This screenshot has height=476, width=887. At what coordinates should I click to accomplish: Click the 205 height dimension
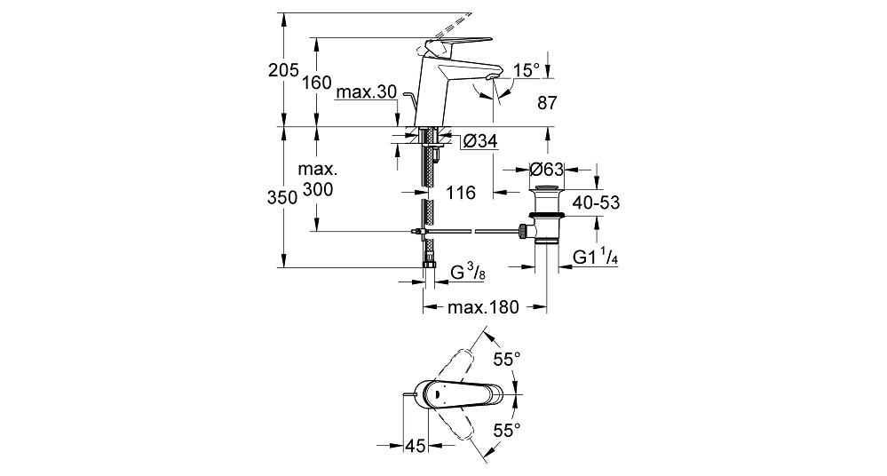(x=283, y=71)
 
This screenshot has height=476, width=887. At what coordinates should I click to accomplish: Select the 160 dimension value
(x=317, y=83)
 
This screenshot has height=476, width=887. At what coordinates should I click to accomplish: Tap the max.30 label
(x=366, y=91)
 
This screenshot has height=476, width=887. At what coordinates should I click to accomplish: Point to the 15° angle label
(x=527, y=71)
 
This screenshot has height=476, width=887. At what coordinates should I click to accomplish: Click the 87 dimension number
(x=547, y=103)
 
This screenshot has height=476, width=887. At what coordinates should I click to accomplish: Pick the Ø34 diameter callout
(x=480, y=141)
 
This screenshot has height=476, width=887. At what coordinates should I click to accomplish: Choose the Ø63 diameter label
(x=546, y=169)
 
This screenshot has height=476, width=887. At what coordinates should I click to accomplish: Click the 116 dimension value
(x=461, y=193)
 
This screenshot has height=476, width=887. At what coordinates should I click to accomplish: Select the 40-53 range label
(x=596, y=202)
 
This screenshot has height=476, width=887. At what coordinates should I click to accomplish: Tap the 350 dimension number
(x=282, y=197)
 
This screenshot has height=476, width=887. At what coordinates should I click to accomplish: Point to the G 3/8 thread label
(x=468, y=273)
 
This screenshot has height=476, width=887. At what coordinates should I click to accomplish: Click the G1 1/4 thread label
(x=595, y=258)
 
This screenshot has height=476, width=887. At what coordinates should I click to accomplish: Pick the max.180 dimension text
(x=483, y=307)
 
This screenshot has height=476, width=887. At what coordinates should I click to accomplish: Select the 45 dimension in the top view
(x=415, y=446)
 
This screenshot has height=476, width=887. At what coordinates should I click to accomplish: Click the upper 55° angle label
(x=506, y=359)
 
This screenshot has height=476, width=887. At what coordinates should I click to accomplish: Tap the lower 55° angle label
(x=506, y=430)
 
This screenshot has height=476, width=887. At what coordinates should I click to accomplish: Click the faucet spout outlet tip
(x=494, y=77)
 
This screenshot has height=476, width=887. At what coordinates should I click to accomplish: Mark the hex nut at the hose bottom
(x=430, y=266)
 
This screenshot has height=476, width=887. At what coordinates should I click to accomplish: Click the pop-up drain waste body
(x=546, y=214)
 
